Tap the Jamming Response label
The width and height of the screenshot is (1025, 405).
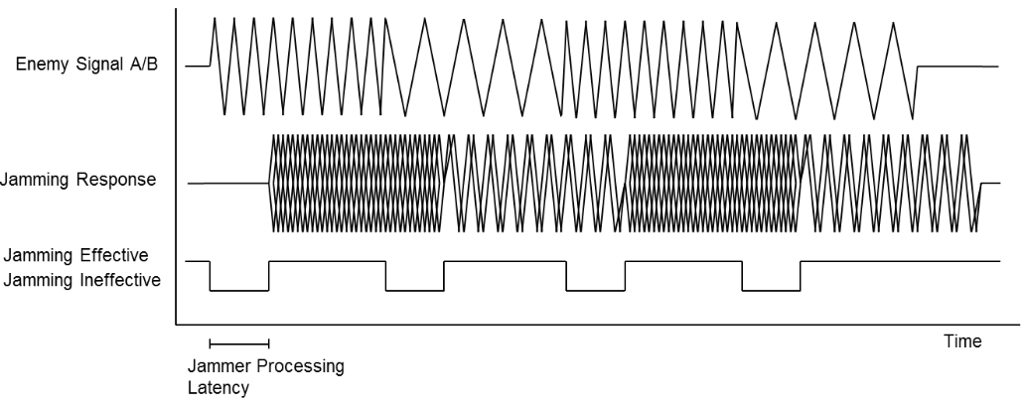78,183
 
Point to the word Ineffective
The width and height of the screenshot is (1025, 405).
116,279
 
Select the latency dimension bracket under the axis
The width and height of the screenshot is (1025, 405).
238,343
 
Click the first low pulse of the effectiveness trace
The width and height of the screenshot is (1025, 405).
238,291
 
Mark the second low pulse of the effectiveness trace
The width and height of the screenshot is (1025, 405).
415,291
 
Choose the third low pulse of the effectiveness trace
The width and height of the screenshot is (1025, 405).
595,291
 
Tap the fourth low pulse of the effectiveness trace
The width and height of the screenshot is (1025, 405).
771,291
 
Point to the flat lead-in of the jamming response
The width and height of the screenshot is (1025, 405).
228,184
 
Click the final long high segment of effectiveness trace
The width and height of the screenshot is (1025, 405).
899,261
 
